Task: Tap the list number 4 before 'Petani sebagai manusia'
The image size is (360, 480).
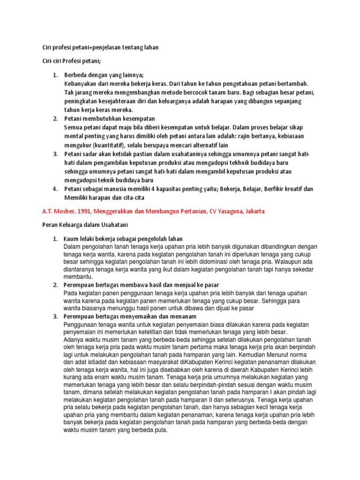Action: click(x=54, y=188)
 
